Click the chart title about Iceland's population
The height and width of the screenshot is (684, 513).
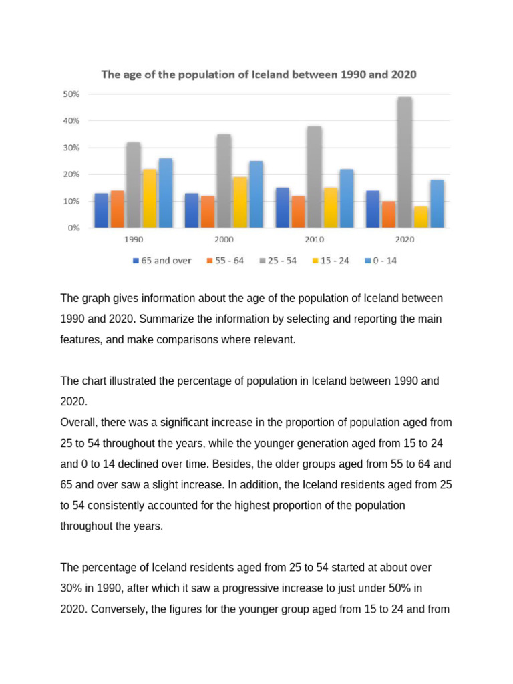[259, 75]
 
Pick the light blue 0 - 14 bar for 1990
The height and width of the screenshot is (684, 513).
[166, 193]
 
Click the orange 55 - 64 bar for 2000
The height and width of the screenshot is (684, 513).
[208, 212]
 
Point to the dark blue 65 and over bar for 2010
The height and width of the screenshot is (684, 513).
[283, 208]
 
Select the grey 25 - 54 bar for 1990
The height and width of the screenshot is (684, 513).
[133, 185]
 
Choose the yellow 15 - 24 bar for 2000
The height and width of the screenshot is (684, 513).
[240, 202]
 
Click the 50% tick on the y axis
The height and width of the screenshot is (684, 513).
[71, 94]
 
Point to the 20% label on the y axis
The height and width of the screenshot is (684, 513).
[71, 174]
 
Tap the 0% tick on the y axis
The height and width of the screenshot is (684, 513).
[73, 228]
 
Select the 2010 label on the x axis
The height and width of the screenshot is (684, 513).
[315, 239]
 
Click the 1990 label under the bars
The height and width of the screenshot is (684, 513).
[133, 239]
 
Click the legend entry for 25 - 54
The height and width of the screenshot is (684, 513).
[287, 261]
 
